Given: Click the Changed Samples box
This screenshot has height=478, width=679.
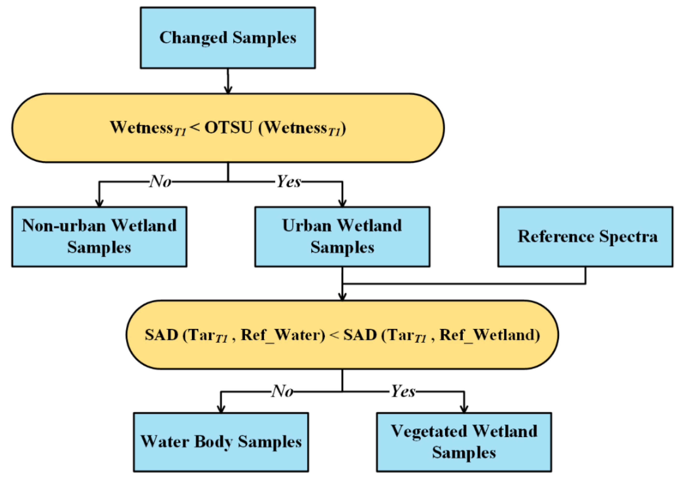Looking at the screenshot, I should (x=228, y=38).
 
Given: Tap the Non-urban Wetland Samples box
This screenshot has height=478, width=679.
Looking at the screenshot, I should (x=99, y=237).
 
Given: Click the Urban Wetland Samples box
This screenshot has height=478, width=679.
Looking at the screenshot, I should (x=342, y=237).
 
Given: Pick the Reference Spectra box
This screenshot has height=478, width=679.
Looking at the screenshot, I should (x=585, y=237).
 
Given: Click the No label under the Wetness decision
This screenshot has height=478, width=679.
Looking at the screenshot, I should (x=160, y=181).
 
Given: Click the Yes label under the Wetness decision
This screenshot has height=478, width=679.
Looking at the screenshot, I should (x=289, y=181).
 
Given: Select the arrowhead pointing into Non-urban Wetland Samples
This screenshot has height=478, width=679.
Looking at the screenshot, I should (x=99, y=203).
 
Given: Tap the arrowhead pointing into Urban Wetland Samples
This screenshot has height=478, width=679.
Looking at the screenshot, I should (x=342, y=203).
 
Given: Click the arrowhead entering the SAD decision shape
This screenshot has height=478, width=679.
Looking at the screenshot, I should (x=342, y=297).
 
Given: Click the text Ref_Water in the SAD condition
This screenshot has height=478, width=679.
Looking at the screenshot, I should (x=283, y=334).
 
